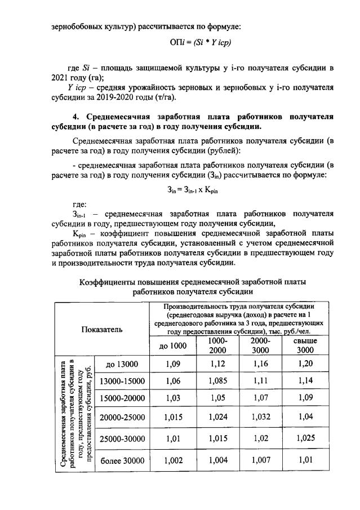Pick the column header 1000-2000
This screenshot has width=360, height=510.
click(217, 345)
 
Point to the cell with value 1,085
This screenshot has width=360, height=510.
click(217, 381)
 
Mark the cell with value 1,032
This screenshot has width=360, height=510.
click(261, 417)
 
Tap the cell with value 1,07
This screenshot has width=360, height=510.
click(261, 398)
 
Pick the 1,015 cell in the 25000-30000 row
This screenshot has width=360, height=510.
click(217, 438)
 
